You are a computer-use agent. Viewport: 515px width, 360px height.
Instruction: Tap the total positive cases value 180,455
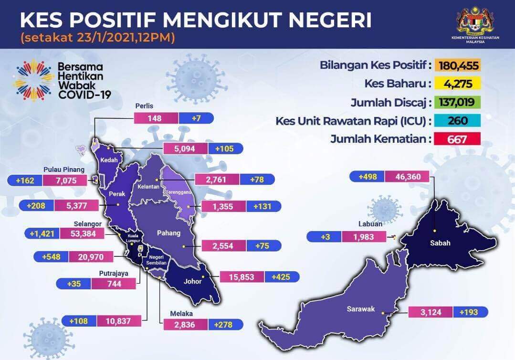pyautogui.click(x=458, y=65)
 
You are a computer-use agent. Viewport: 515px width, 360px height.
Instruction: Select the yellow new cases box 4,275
pyautogui.click(x=458, y=84)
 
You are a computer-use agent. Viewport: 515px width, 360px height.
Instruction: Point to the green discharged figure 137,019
pyautogui.click(x=458, y=102)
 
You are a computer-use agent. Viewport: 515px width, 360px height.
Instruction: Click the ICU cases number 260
pyautogui.click(x=458, y=120)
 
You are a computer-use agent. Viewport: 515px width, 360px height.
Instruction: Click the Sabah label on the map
pyautogui.click(x=440, y=243)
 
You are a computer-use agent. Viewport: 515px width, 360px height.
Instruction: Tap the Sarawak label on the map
pyautogui.click(x=361, y=309)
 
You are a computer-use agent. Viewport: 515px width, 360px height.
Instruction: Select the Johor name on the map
pyautogui.click(x=192, y=281)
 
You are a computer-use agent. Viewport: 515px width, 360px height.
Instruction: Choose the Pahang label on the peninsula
pyautogui.click(x=168, y=233)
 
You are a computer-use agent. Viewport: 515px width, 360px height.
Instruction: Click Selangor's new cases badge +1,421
pyautogui.click(x=42, y=234)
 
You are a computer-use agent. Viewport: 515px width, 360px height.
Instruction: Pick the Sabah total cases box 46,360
pyautogui.click(x=407, y=177)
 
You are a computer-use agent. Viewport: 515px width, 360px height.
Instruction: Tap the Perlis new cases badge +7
pyautogui.click(x=196, y=118)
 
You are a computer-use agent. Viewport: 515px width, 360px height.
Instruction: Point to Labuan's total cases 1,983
pyautogui.click(x=364, y=237)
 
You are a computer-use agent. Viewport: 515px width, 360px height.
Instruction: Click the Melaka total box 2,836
pyautogui.click(x=185, y=325)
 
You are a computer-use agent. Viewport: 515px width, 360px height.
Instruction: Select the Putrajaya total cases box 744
pyautogui.click(x=114, y=284)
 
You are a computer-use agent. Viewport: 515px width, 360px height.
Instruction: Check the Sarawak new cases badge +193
pyautogui.click(x=470, y=312)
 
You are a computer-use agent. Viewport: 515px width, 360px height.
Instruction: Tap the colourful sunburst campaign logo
pyautogui.click(x=34, y=80)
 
